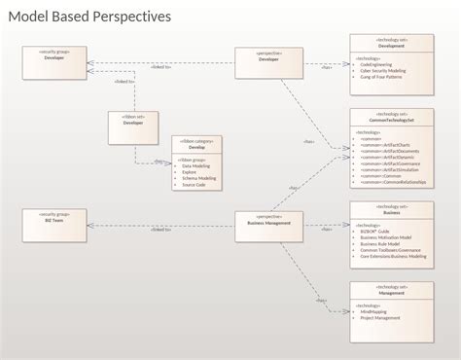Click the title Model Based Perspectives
[x=89, y=17]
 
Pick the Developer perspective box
[x=268, y=62]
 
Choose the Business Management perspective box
[x=268, y=223]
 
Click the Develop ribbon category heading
[x=197, y=148]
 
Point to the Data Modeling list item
[x=197, y=165]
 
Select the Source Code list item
[x=194, y=184]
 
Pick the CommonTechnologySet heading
[x=392, y=120]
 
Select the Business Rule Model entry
[x=385, y=242]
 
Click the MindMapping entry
[x=375, y=310]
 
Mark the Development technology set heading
[x=392, y=46]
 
